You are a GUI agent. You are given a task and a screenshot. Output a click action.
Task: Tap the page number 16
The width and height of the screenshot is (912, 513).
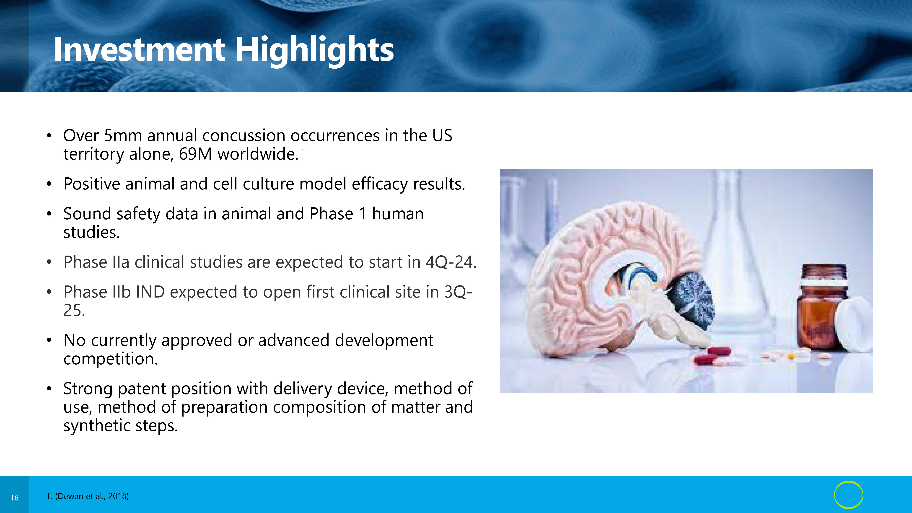[15, 498]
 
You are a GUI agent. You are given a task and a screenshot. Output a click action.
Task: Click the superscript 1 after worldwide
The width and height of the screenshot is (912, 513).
[303, 152]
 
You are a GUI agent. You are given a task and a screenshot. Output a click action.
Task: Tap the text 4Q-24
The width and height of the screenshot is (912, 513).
[451, 262]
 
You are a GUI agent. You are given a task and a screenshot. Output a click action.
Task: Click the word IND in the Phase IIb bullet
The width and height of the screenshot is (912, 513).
[150, 292]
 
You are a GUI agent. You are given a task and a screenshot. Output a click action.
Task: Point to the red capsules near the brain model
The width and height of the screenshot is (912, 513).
[712, 356]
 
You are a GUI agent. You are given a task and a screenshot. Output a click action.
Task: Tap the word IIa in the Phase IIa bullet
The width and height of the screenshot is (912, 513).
[121, 262]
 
